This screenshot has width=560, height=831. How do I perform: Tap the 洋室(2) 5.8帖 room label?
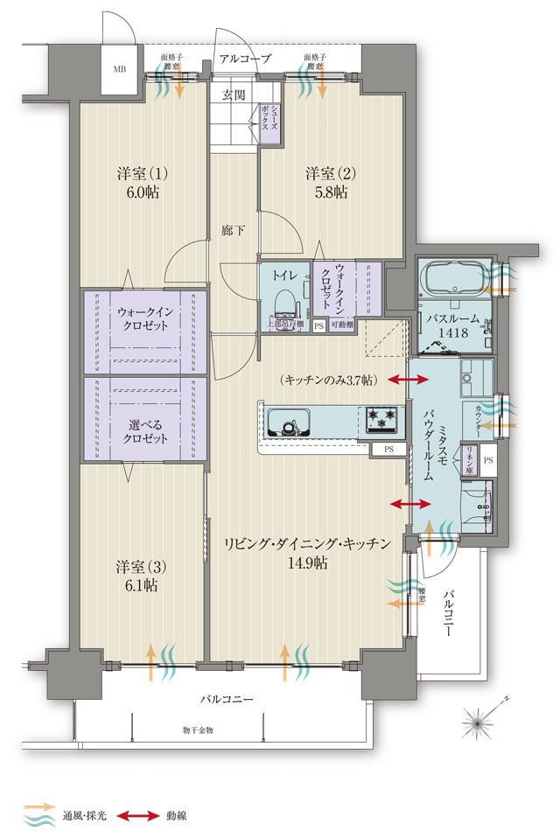326,182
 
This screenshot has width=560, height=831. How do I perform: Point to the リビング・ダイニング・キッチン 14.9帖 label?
305,553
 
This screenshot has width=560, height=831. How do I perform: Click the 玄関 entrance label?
233,94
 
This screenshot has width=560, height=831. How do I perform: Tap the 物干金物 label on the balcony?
198,730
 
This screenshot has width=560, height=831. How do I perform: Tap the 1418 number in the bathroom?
451,332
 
